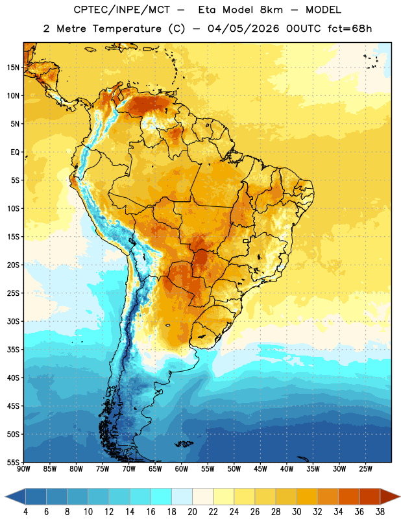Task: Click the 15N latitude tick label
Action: (x=13, y=67)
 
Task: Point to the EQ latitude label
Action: (x=15, y=152)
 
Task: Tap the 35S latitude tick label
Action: (x=13, y=350)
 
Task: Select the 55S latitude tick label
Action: (x=13, y=462)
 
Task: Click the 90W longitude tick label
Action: (x=23, y=468)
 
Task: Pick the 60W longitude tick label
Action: (x=182, y=468)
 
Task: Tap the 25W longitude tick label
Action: (x=365, y=468)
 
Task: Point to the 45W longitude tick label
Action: (x=260, y=468)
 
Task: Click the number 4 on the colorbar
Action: (x=25, y=512)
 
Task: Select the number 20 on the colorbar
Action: (x=192, y=512)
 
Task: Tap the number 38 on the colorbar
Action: (x=380, y=512)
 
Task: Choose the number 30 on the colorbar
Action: (x=297, y=512)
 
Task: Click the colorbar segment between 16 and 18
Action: (x=161, y=497)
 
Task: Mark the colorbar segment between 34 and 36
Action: (x=348, y=497)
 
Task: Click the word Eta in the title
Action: (x=207, y=10)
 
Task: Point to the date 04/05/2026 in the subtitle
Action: (x=243, y=29)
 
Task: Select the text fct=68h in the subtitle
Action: (x=350, y=29)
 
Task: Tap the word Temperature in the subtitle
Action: (x=127, y=29)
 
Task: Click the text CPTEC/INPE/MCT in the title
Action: (x=121, y=10)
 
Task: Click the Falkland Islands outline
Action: (x=184, y=444)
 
